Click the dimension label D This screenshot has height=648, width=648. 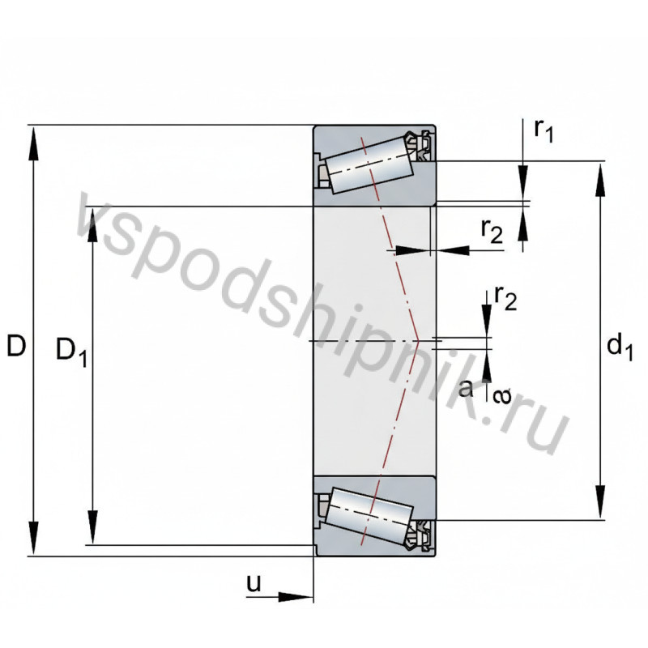[x=16, y=346]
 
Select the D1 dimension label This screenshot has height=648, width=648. [x=71, y=351]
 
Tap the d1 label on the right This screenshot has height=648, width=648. [x=619, y=347]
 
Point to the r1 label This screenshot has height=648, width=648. [x=544, y=130]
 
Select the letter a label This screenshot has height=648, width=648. [x=466, y=388]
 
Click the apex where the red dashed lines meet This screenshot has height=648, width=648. [x=417, y=341]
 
